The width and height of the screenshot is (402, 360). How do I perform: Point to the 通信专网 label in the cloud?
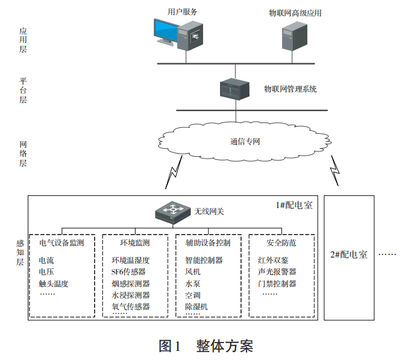245,142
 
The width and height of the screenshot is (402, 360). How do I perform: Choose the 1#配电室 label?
294,206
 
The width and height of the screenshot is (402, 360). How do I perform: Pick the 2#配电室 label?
348,254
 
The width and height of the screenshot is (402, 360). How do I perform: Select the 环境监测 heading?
135,243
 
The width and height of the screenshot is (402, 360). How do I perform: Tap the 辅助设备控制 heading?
207,243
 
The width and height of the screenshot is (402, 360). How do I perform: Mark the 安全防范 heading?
281,243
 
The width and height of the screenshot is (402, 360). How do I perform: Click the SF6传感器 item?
128,272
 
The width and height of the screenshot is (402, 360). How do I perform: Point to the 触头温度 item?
54,283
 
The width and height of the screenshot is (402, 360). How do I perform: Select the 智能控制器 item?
204,261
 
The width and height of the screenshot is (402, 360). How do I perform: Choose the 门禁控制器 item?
277,283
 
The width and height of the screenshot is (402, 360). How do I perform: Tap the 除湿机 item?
196,307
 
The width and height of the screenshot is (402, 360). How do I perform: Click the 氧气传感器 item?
131,307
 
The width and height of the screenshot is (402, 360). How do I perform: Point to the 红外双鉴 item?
273,261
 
